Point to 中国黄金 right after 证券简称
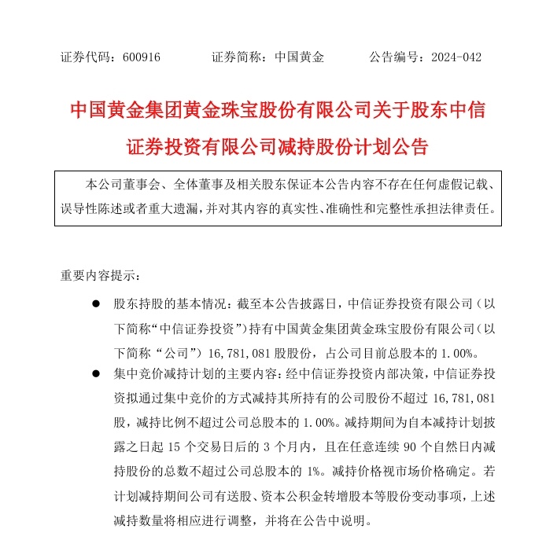click(x=299, y=57)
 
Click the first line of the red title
click(x=278, y=111)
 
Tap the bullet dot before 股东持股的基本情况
click(x=95, y=303)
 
